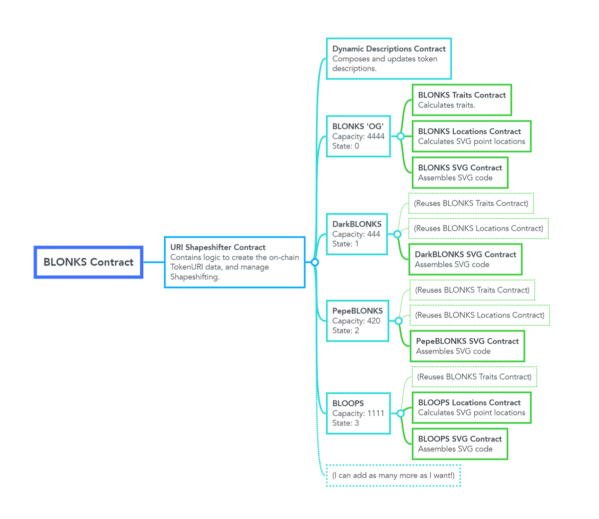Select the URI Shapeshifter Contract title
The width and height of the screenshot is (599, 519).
point(218,247)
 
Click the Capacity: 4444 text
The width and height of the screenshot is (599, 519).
point(358,136)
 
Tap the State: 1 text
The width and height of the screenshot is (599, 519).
point(345,244)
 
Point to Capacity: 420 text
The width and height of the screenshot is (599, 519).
point(356,320)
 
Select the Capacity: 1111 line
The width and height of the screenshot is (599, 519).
point(358,413)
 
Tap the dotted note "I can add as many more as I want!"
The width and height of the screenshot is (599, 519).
point(393,475)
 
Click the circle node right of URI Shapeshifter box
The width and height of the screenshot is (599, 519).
point(314,262)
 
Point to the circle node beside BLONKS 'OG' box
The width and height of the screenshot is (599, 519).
point(400,136)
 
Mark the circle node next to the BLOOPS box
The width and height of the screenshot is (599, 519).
point(400,413)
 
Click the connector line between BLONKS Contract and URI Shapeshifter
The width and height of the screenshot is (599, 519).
point(154,262)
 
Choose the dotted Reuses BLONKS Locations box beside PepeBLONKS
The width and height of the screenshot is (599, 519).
point(480,315)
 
